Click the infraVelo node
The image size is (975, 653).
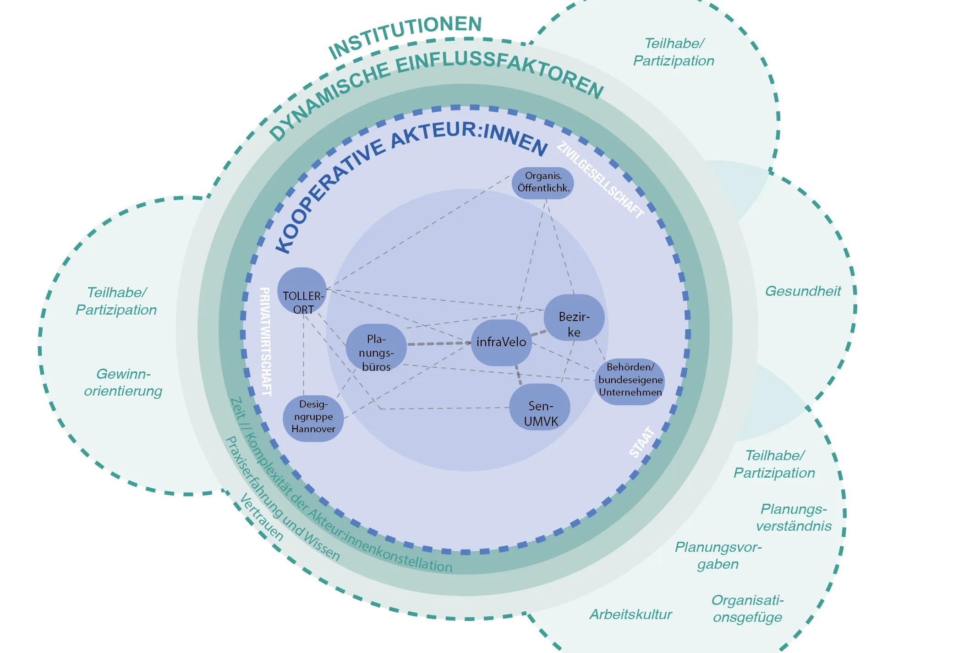(x=501, y=343)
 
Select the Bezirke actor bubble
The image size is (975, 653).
(x=574, y=323)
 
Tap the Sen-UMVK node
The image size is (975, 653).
(x=540, y=413)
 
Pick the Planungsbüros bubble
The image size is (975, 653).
(x=376, y=353)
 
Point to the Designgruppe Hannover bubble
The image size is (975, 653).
(x=313, y=418)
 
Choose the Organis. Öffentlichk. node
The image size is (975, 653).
(x=543, y=182)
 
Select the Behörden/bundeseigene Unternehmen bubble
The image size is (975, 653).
(x=630, y=380)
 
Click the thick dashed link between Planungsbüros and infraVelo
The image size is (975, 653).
(x=438, y=343)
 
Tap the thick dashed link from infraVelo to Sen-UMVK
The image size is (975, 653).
(x=518, y=374)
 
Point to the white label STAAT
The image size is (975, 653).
(x=642, y=442)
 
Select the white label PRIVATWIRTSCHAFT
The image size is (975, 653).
(x=265, y=341)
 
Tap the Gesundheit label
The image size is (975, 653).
(x=803, y=291)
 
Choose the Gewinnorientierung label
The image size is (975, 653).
(x=123, y=382)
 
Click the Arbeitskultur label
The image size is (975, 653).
(x=630, y=615)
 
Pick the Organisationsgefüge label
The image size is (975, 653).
(x=747, y=609)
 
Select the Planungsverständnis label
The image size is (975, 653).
(x=794, y=517)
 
